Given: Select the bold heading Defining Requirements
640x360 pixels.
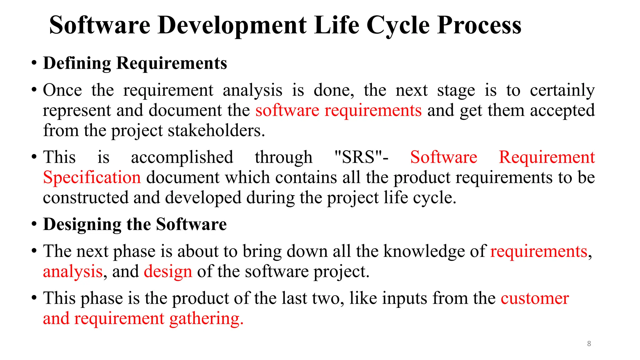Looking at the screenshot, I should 135,63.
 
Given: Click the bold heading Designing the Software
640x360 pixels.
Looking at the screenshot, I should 135,224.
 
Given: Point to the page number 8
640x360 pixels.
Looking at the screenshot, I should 589,344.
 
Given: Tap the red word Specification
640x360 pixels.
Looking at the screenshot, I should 92,177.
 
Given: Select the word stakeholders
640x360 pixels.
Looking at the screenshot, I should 216,130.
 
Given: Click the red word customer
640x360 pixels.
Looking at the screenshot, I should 535,298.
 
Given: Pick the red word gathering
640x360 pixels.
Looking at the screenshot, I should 206,319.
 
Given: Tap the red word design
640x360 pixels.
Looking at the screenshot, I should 168,271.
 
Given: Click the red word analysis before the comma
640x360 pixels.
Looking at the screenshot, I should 73,271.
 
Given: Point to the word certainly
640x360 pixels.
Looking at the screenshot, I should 562,90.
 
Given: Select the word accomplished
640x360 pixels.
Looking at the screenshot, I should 182,157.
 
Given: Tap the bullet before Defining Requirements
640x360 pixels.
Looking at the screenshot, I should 34,63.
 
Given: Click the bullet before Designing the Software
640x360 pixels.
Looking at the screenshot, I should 34,224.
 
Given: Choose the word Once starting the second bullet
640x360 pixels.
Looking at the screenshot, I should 62,90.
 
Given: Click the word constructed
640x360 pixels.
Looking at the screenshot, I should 86,198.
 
